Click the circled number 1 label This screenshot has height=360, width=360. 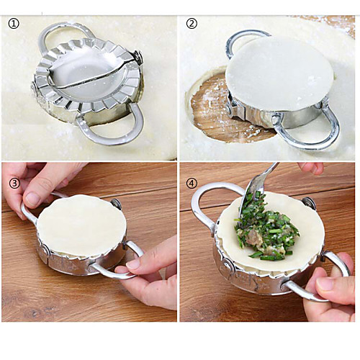tap(14, 24)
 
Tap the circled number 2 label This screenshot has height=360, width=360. tap(192, 24)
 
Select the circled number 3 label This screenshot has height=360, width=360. tap(14, 183)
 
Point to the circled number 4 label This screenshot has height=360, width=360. tap(192, 184)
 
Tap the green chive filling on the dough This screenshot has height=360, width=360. tap(266, 228)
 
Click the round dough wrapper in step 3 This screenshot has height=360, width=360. tap(81, 225)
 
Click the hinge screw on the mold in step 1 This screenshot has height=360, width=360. tap(138, 58)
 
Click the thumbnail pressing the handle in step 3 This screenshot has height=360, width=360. tap(32, 199)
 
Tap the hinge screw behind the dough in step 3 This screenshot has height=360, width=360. tap(116, 204)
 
